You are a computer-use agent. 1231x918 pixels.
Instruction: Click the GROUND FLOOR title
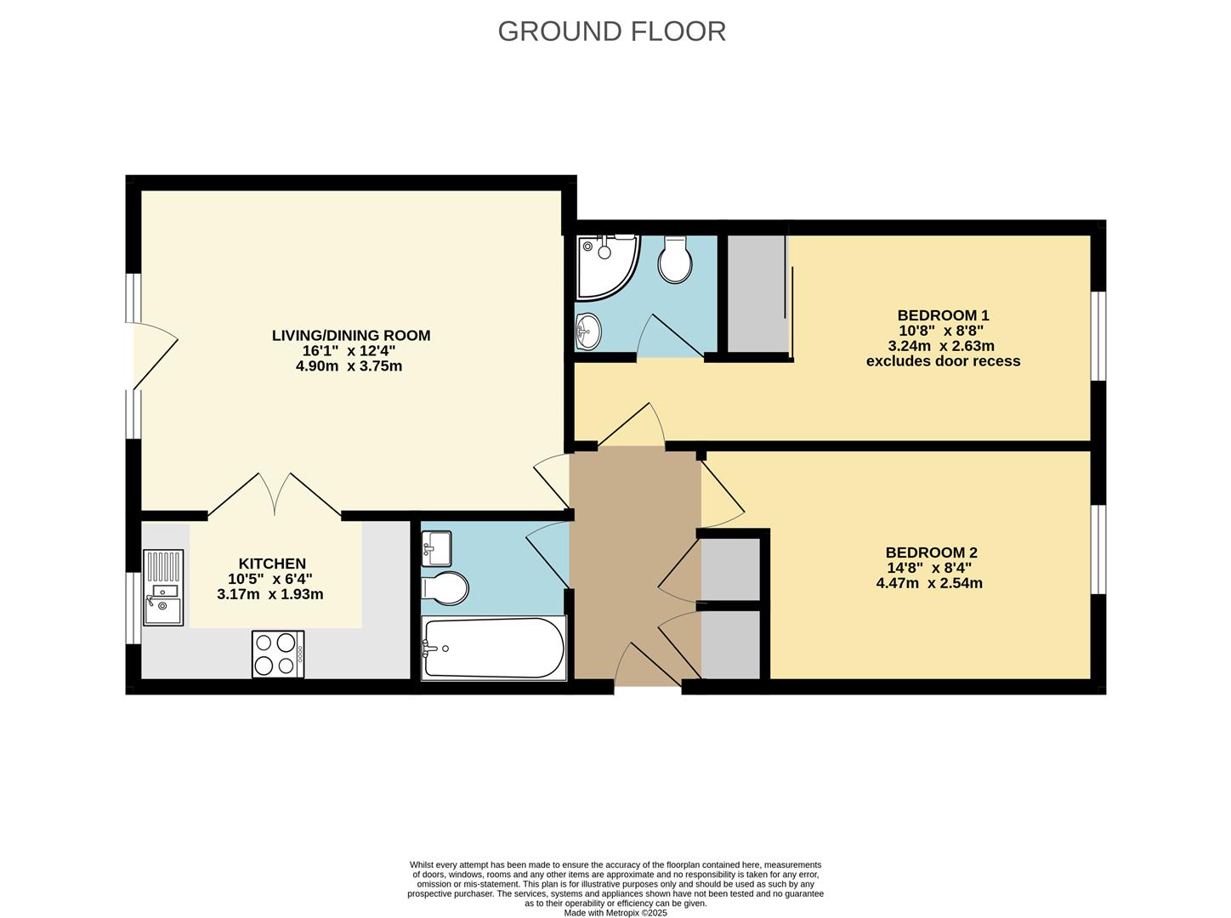tap(611, 31)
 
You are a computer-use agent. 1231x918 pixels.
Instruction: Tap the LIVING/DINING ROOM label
tap(350, 336)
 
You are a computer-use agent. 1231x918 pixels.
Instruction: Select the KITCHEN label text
tap(271, 564)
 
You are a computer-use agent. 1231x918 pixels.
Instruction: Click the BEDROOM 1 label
tap(943, 315)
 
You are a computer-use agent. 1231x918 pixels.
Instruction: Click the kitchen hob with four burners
tap(277, 654)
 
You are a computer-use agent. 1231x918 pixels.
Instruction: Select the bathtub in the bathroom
tap(493, 648)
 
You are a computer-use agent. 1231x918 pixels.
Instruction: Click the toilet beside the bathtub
tap(445, 588)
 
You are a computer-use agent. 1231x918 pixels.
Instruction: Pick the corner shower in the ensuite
tap(604, 266)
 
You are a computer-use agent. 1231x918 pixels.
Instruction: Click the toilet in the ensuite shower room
tap(675, 261)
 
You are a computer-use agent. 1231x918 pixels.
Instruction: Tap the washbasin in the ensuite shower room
tap(587, 331)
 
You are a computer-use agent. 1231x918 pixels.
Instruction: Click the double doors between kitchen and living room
tap(275, 495)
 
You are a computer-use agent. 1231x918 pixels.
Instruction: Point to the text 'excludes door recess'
tap(943, 361)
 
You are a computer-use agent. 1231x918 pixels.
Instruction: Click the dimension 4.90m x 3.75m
tap(349, 366)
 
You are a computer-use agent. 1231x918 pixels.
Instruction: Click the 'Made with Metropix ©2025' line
tap(615, 913)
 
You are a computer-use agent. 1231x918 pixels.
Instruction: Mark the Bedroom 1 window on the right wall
tap(1098, 336)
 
